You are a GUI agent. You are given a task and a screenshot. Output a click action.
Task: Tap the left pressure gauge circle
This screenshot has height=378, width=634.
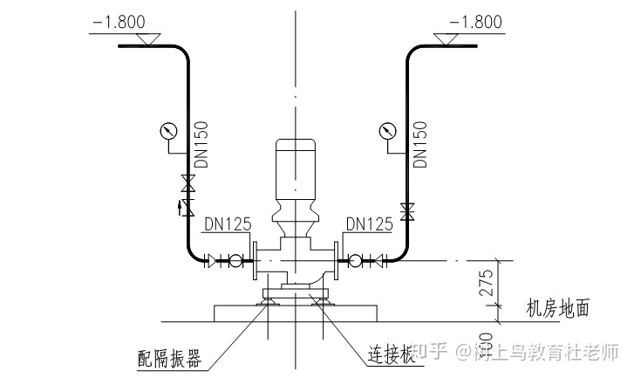(168, 132)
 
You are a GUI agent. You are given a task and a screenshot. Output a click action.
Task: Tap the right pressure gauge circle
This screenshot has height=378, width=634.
(386, 132)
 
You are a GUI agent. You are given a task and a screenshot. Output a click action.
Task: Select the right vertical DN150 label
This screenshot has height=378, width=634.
(419, 144)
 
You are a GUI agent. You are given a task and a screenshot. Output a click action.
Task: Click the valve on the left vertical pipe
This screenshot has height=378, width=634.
(186, 184)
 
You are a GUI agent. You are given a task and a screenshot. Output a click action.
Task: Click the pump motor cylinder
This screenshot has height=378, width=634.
(296, 169)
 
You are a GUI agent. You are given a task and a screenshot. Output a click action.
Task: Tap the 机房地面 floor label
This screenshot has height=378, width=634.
(558, 308)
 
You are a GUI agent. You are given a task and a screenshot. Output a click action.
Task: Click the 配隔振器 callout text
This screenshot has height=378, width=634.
(169, 358)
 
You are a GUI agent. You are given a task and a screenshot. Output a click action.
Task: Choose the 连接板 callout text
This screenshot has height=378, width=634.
(384, 354)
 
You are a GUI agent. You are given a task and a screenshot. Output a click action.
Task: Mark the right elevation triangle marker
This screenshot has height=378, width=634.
(450, 39)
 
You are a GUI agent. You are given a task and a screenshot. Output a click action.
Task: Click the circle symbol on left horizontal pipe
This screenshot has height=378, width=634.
(234, 259)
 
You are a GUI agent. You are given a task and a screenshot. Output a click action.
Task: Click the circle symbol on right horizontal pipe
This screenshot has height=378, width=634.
(356, 259)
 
